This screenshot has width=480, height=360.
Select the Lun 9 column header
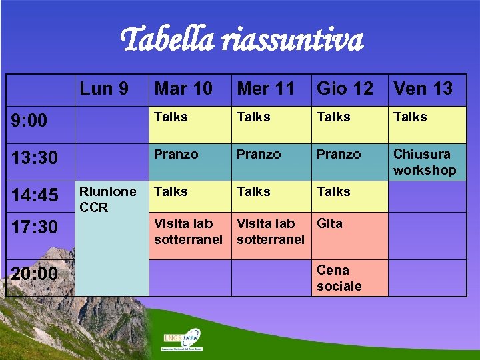tap(105, 88)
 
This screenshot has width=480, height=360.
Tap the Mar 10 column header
tap(183, 88)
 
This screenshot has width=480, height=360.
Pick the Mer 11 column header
tap(266, 88)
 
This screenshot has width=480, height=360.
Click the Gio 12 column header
tap(345, 88)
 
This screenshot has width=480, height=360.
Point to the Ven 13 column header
tap(423, 88)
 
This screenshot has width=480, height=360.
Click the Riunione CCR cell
tap(108, 199)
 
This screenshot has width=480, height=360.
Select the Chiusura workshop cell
tap(425, 162)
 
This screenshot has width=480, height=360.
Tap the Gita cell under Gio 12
tap(330, 223)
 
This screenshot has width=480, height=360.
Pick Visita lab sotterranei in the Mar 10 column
tap(187, 231)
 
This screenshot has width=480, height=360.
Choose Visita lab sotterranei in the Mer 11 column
tap(270, 231)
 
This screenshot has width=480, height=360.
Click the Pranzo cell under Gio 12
tap(338, 154)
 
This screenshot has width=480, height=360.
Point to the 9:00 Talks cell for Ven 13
tap(410, 117)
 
